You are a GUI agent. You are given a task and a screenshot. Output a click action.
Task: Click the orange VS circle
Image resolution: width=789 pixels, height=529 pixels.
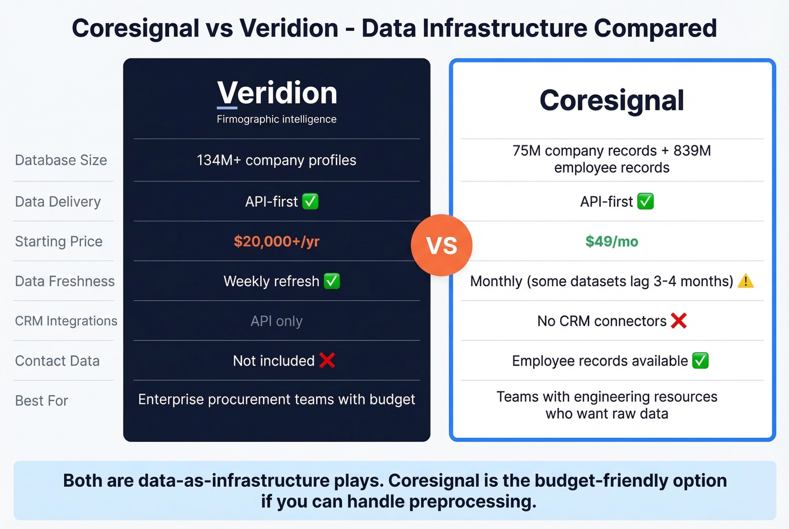(441, 246)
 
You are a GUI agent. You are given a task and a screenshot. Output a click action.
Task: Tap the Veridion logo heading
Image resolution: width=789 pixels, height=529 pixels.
(277, 93)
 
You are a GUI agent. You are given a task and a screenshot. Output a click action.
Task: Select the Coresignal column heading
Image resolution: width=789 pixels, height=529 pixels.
(611, 100)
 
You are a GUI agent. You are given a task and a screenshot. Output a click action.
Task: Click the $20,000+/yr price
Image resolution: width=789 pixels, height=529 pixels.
(276, 242)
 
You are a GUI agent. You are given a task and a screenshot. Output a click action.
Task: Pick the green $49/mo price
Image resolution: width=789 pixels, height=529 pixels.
(611, 242)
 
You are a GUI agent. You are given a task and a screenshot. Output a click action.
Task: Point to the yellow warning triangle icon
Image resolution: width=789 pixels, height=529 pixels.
(746, 281)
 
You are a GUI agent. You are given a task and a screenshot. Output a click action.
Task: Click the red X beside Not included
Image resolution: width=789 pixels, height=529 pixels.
(327, 361)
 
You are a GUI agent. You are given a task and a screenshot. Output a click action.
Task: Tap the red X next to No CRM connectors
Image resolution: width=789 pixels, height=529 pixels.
(679, 321)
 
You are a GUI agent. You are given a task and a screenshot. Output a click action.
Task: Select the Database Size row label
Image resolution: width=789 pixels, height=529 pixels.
(61, 161)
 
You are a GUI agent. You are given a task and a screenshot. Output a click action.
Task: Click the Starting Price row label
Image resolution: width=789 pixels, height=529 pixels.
(59, 242)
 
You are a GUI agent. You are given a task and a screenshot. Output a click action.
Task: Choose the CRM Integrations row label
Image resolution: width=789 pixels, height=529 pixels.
(66, 321)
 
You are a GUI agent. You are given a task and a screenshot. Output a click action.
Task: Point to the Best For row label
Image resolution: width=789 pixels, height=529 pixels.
(41, 401)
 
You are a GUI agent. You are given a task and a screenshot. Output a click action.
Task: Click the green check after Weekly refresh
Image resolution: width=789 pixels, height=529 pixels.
(332, 281)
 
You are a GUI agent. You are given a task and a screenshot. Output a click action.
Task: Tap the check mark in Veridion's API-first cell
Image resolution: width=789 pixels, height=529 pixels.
(311, 201)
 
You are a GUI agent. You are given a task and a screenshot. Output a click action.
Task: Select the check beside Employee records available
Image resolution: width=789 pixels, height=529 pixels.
(700, 361)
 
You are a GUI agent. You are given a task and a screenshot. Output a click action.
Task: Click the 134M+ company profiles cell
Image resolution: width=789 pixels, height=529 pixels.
(276, 161)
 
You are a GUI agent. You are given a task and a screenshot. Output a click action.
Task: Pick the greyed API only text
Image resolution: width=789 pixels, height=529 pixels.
(276, 321)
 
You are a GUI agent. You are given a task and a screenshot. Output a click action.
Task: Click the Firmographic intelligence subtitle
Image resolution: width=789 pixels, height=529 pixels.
(276, 119)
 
